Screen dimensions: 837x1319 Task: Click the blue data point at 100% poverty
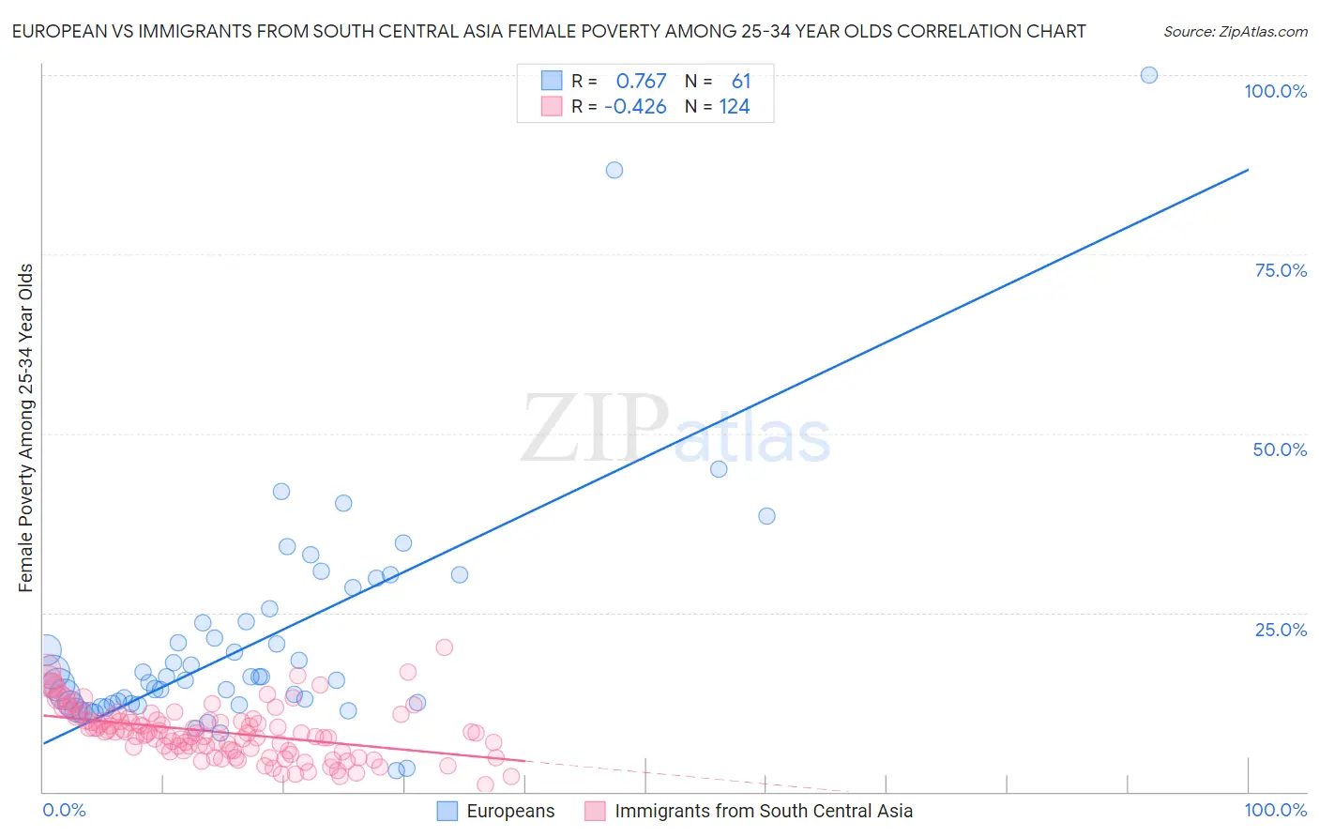pyautogui.click(x=1148, y=75)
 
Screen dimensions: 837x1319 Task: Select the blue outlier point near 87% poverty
pyautogui.click(x=614, y=170)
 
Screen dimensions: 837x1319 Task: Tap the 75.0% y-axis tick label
pyautogui.click(x=1280, y=270)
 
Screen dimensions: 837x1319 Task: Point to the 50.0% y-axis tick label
pyautogui.click(x=1280, y=449)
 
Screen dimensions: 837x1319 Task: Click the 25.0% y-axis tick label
pyautogui.click(x=1280, y=630)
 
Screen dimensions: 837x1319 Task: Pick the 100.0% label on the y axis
pyautogui.click(x=1275, y=91)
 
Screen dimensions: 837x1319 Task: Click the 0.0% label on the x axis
pyautogui.click(x=64, y=810)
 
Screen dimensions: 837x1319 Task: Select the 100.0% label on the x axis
pyautogui.click(x=1275, y=810)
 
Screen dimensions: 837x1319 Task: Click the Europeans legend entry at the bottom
pyautogui.click(x=509, y=811)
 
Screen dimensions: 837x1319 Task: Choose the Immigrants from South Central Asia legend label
pyautogui.click(x=763, y=811)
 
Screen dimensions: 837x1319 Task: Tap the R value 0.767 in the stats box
pyautogui.click(x=641, y=81)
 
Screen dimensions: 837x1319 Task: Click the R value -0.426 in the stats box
pyautogui.click(x=635, y=106)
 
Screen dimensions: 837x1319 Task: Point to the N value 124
pyautogui.click(x=735, y=106)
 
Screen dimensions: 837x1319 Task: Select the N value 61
pyautogui.click(x=741, y=81)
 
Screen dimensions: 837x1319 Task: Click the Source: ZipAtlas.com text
pyautogui.click(x=1235, y=31)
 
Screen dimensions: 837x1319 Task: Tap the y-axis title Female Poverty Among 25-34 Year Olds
pyautogui.click(x=25, y=428)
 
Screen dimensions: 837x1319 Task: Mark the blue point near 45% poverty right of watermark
pyautogui.click(x=719, y=469)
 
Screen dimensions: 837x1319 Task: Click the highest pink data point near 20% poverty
pyautogui.click(x=445, y=647)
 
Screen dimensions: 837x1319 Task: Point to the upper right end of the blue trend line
pyautogui.click(x=1248, y=170)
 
